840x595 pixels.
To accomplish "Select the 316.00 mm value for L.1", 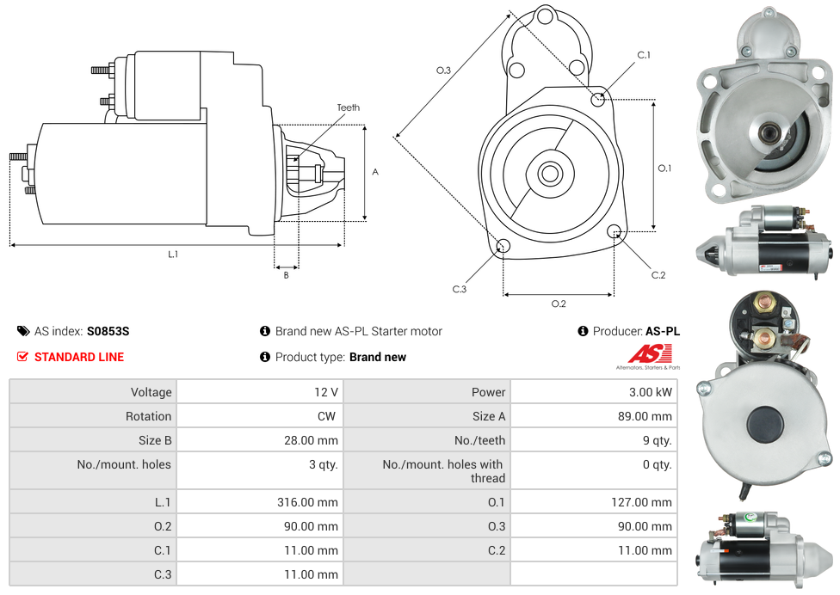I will point(313,502).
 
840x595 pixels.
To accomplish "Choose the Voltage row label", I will point(151,392).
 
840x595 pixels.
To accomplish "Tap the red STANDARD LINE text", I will point(79,357).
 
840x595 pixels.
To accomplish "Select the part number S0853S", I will point(108,331).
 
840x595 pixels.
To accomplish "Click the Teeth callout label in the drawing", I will point(349,107).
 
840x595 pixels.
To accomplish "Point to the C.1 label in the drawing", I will point(644,55).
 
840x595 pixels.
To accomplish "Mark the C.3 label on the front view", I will point(460,289).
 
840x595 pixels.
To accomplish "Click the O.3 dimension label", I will point(444,71).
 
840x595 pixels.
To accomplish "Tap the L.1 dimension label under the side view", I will point(173,254).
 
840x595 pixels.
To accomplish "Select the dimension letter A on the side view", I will point(375,172).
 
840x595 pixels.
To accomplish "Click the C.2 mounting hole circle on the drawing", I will point(615,231).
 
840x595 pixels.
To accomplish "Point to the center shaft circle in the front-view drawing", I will point(549,174).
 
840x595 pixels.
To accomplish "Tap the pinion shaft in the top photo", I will point(769,132).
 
